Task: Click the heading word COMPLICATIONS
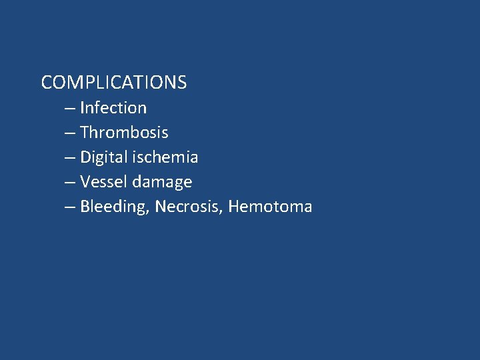pos(113,83)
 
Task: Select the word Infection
pos(113,108)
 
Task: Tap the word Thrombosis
pos(124,133)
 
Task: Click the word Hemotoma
pos(270,207)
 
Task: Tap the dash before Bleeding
pos(70,207)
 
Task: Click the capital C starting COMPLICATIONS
pos(47,83)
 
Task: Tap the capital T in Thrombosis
pos(85,133)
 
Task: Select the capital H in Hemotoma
pos(233,207)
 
